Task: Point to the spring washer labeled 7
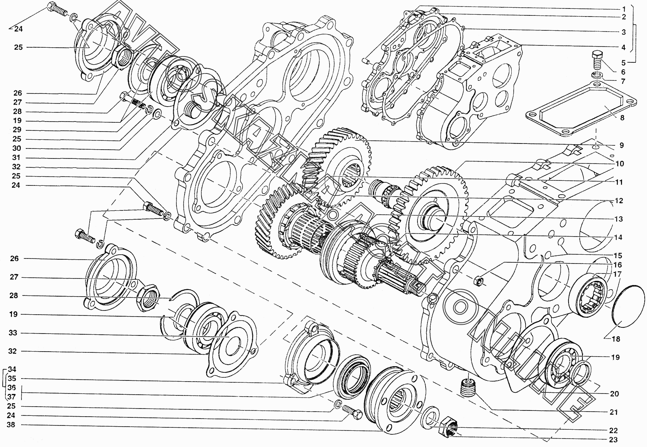[596, 74]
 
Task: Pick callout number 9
[621, 145]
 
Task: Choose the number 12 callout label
[619, 201]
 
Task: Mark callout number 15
[618, 256]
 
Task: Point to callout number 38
[12, 425]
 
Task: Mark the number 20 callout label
[614, 394]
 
